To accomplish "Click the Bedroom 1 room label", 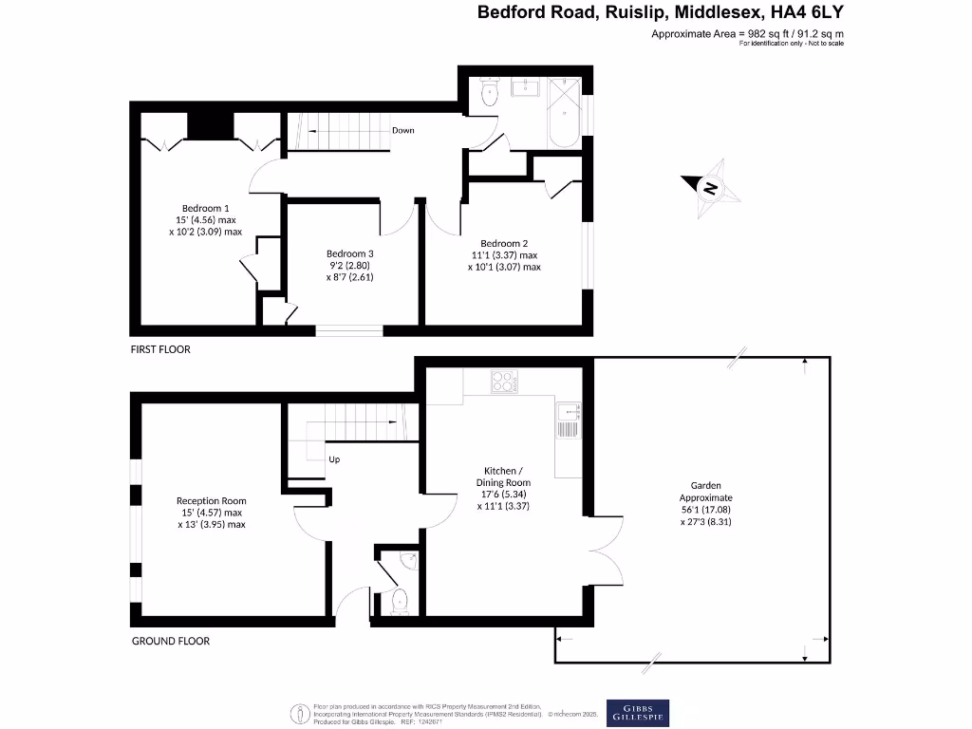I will click(206, 219).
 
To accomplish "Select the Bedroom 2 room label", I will click(503, 254).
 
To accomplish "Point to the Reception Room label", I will click(211, 513).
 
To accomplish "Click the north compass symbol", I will click(708, 188).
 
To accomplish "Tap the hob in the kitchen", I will click(503, 382).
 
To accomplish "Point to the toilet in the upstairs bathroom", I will click(489, 92).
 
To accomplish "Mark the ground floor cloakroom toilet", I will click(399, 600).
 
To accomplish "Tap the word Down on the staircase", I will click(402, 130).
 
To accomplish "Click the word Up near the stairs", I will click(334, 459).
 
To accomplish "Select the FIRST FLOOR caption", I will click(160, 349).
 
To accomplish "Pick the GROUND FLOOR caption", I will click(170, 641).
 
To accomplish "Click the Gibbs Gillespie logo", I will click(637, 713).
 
